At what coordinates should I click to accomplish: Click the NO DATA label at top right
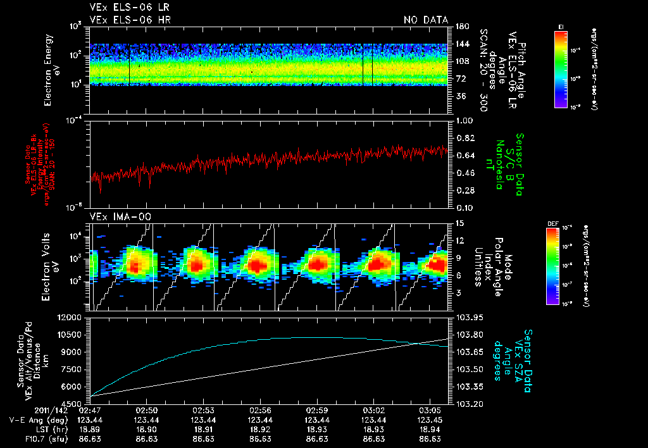tap(425, 20)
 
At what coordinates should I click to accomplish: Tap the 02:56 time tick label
tap(261, 409)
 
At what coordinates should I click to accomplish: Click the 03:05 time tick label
tap(430, 409)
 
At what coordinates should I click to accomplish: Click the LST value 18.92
tap(261, 428)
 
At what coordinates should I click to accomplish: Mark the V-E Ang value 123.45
tap(430, 419)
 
